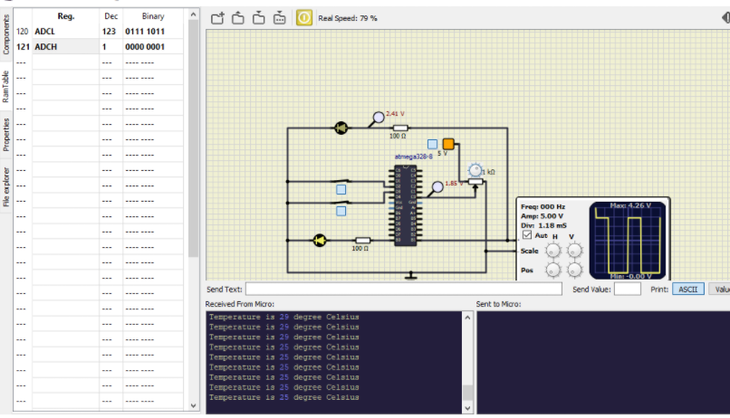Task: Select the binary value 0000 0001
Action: click(x=145, y=46)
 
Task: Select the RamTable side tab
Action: click(x=6, y=88)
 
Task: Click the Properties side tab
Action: click(x=6, y=134)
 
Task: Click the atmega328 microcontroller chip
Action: click(x=404, y=204)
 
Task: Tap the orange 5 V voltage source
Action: click(x=448, y=144)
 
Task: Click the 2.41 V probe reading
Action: click(x=395, y=114)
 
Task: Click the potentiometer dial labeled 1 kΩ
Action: click(x=475, y=170)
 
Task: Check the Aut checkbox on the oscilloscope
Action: click(x=527, y=235)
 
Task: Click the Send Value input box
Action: click(x=627, y=289)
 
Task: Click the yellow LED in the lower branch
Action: click(x=319, y=240)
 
